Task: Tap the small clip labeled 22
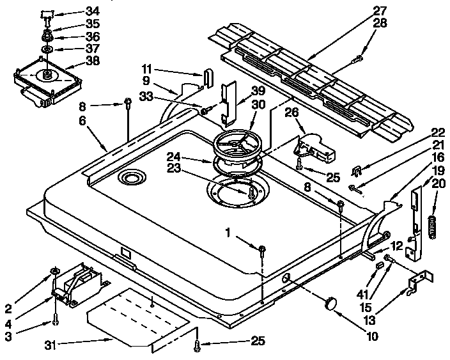(x=359, y=171)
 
